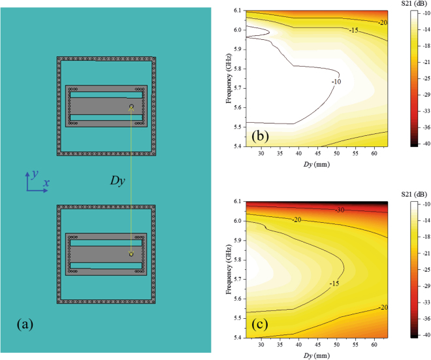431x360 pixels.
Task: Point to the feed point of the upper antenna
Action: [131, 106]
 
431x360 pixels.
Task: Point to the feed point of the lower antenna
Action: [131, 254]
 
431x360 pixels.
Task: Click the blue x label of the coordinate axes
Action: [47, 184]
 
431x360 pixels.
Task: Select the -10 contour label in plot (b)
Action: [336, 82]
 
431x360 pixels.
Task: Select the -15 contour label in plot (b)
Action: [353, 30]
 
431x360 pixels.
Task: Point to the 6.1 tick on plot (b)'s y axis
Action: [235, 11]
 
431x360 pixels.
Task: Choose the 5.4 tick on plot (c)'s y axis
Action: [235, 337]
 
